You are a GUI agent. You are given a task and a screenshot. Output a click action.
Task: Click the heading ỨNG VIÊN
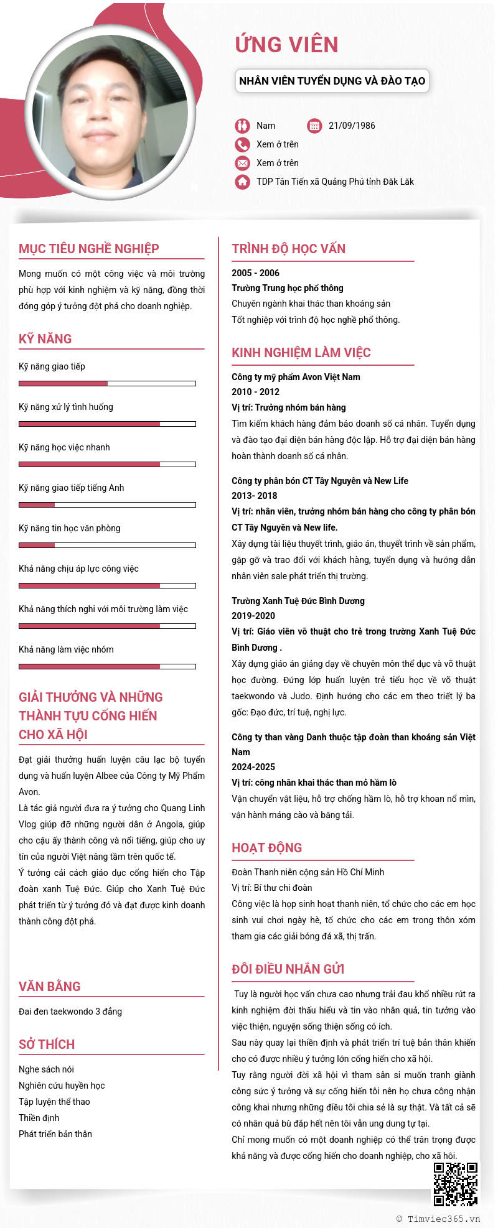(286, 45)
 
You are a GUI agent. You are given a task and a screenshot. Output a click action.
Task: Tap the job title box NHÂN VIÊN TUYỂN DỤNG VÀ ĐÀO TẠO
(332, 81)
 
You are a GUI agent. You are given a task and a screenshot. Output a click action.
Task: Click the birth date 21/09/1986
(352, 126)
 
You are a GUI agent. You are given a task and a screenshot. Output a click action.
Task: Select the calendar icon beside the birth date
(314, 126)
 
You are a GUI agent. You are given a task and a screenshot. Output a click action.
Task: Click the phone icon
(242, 144)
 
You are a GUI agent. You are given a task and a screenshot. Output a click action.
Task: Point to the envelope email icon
(242, 163)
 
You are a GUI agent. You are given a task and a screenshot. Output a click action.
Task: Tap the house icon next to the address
(242, 182)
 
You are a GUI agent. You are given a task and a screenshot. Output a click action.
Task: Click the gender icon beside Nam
(242, 126)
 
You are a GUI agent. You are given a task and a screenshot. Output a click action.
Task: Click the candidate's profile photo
(110, 112)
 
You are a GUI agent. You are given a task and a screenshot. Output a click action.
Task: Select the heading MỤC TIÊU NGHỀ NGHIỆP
(89, 249)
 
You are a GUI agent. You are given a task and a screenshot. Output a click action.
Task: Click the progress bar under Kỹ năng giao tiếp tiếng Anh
(107, 505)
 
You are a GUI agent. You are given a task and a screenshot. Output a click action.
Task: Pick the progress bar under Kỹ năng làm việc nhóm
(107, 666)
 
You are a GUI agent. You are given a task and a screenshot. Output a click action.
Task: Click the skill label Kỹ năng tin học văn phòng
(70, 528)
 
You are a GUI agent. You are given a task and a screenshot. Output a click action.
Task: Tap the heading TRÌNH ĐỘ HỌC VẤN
(288, 249)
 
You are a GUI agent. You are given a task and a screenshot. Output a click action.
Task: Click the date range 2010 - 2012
(255, 392)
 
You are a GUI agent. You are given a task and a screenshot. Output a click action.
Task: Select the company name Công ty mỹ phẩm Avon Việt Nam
(296, 377)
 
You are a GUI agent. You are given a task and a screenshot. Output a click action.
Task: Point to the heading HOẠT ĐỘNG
(266, 848)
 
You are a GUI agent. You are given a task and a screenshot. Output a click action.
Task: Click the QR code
(456, 1184)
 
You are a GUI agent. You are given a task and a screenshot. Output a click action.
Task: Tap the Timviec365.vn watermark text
(443, 1219)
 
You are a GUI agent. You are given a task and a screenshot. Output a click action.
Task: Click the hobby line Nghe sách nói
(46, 1069)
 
